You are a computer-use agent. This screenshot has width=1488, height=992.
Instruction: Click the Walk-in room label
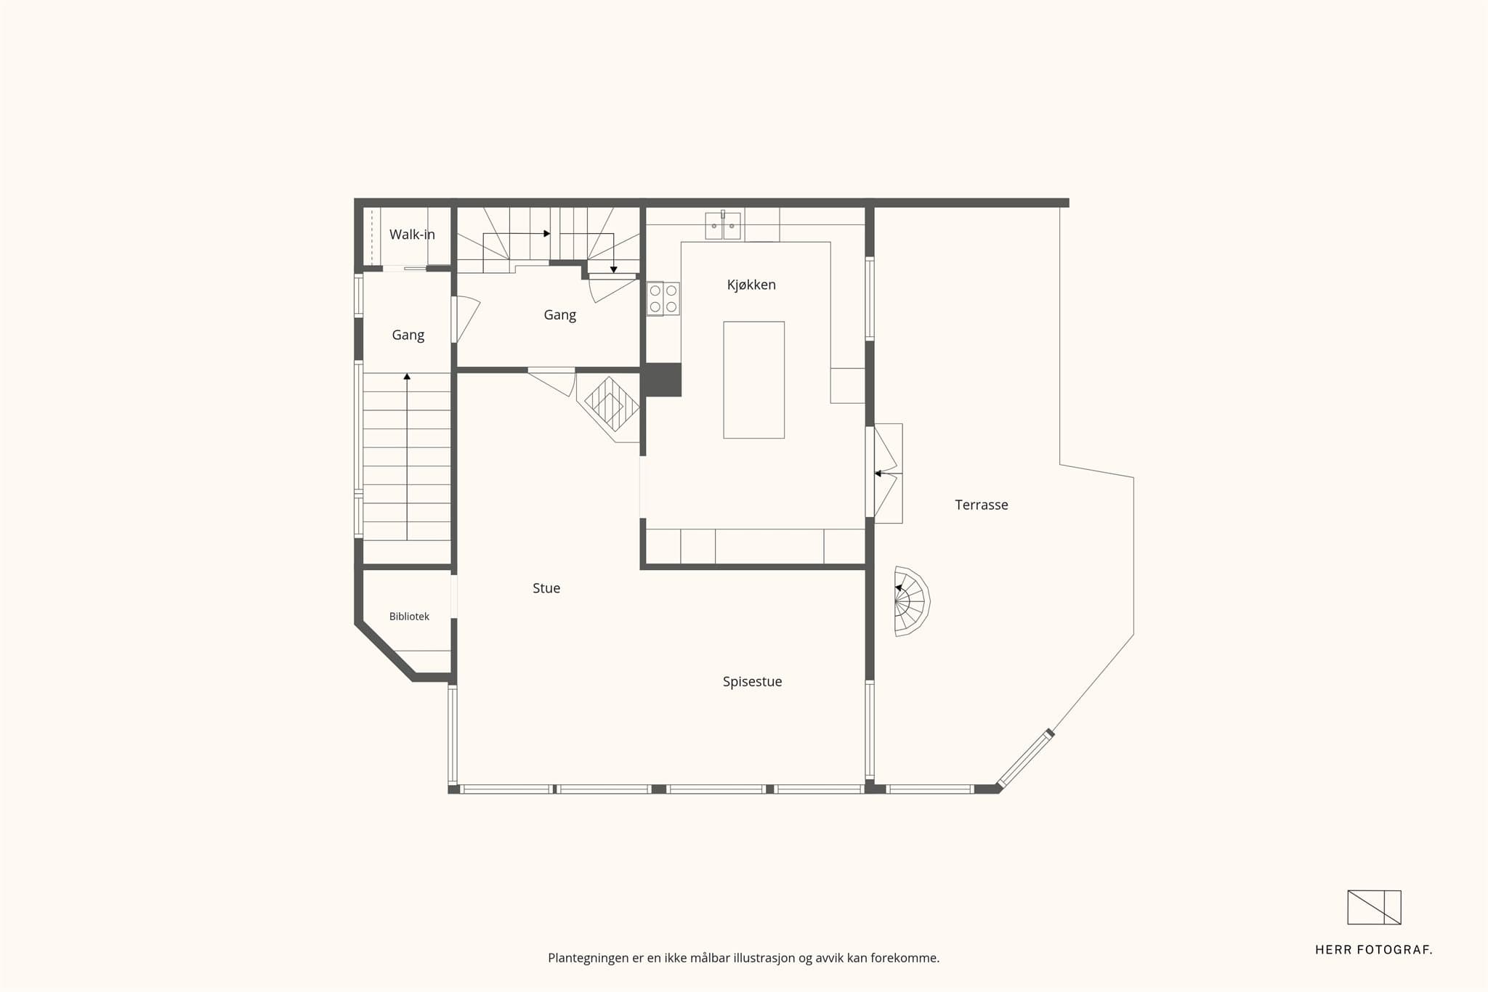(x=412, y=235)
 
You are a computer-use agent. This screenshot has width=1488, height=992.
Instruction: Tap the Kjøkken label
(x=751, y=285)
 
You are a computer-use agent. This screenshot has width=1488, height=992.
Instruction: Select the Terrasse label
(x=981, y=505)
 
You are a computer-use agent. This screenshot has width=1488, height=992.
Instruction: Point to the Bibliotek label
(x=409, y=617)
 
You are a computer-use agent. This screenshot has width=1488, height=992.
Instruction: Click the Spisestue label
(x=752, y=682)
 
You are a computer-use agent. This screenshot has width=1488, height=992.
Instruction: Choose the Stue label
(x=546, y=588)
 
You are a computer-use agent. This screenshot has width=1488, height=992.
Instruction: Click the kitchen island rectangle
(x=753, y=380)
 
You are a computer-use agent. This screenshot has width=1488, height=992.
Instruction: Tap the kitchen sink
(x=723, y=226)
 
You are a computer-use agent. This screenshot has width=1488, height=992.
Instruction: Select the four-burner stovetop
(x=663, y=298)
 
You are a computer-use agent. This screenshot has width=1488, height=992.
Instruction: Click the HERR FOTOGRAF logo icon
(x=1374, y=908)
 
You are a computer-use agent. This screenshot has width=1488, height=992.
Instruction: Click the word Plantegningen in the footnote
(x=588, y=959)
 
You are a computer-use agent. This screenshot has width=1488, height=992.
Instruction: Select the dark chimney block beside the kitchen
(x=660, y=380)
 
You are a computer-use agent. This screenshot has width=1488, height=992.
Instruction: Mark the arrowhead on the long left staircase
(x=407, y=376)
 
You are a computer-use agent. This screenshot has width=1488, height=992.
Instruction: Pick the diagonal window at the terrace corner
(x=1025, y=759)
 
